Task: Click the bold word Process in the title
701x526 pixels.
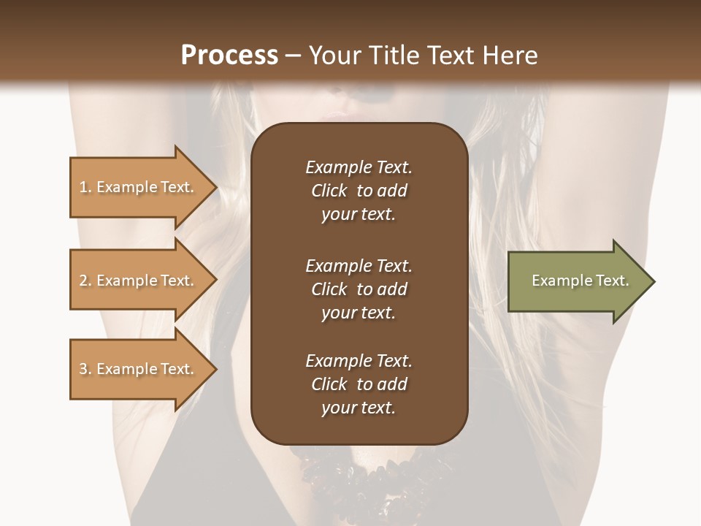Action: pyautogui.click(x=229, y=56)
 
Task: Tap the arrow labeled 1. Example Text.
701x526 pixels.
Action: pyautogui.click(x=139, y=187)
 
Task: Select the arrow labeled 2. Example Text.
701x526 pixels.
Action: pyautogui.click(x=139, y=281)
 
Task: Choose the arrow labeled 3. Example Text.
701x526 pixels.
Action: pyautogui.click(x=139, y=369)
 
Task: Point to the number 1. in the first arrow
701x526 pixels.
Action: pyautogui.click(x=85, y=187)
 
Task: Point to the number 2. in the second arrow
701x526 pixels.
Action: pyautogui.click(x=85, y=281)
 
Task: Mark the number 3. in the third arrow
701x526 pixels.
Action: pyautogui.click(x=85, y=369)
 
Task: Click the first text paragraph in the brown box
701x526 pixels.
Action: pyautogui.click(x=359, y=191)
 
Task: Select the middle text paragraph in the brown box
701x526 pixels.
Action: pyautogui.click(x=359, y=289)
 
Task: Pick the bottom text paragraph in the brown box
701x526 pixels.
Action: pyautogui.click(x=359, y=384)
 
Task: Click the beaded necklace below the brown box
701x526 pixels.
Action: pyautogui.click(x=358, y=468)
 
